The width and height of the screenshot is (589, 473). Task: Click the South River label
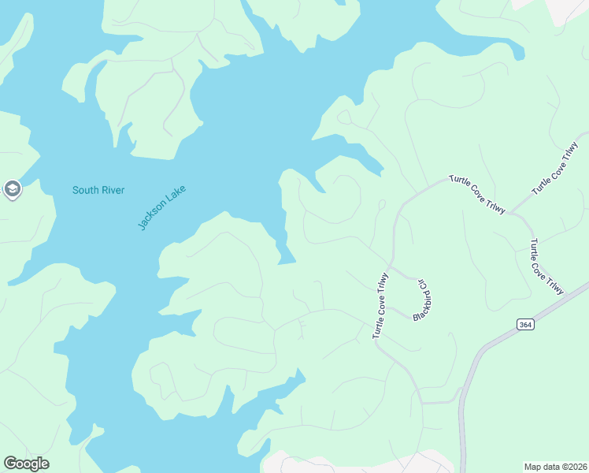pos(98,190)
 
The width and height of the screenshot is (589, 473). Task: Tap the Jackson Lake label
pos(161,207)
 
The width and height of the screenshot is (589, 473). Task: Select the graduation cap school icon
pos(12,189)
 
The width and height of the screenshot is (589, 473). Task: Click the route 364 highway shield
pos(525,325)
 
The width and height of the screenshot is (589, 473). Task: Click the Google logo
pos(26,464)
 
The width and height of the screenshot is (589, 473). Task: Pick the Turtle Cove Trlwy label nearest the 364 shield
pos(546,266)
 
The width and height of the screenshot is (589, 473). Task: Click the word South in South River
pos(85,190)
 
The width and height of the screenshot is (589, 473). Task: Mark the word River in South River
pos(112,190)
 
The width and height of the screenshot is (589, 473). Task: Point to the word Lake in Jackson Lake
pos(176,194)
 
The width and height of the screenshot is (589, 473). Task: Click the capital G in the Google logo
pos(10,464)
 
